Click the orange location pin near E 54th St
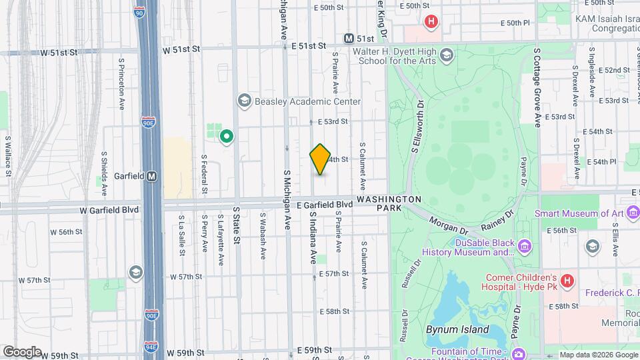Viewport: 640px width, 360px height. (x=320, y=159)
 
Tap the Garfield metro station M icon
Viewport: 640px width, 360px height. (x=152, y=177)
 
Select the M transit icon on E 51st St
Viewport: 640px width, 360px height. (x=349, y=39)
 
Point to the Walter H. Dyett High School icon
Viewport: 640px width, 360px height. (x=446, y=54)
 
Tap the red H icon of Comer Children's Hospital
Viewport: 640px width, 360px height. (x=567, y=281)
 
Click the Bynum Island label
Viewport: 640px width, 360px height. (x=457, y=329)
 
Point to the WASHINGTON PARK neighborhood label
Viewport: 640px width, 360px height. (x=389, y=204)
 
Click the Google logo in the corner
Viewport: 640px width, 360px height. (x=22, y=351)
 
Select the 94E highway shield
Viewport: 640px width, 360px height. (x=153, y=345)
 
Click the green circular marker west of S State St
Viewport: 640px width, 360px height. (x=227, y=137)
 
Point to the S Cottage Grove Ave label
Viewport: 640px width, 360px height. (x=537, y=87)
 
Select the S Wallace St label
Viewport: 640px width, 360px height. (x=8, y=156)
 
